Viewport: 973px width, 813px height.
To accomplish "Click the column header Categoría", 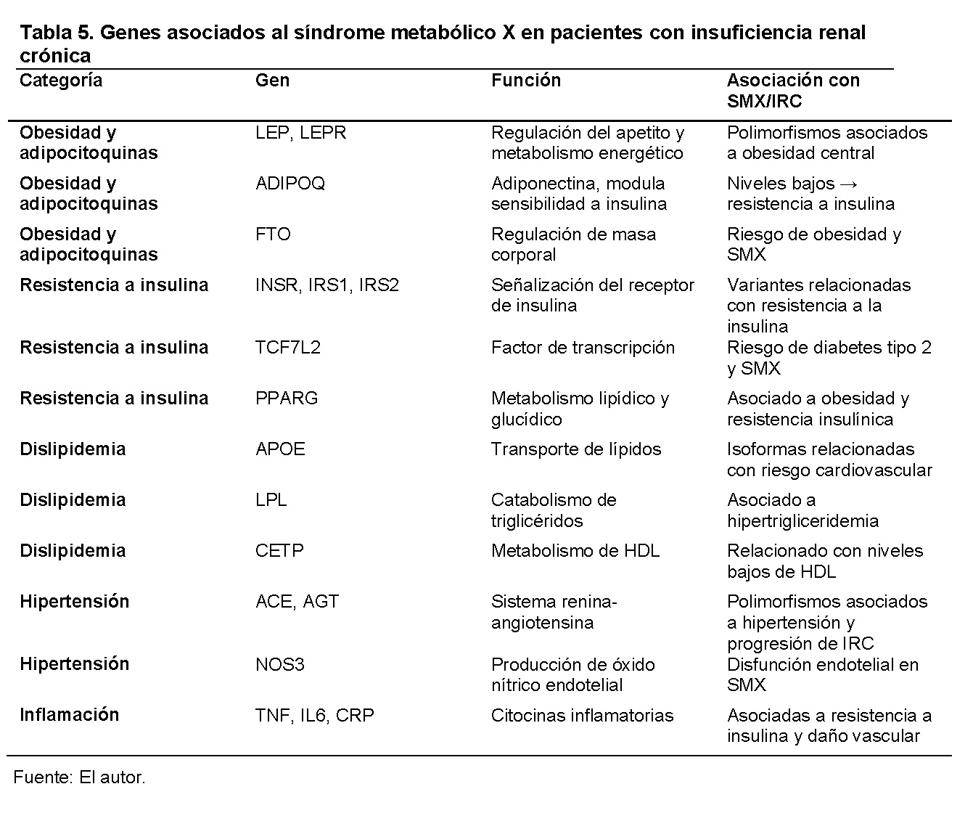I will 61,81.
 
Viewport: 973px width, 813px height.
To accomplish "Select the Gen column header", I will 272,81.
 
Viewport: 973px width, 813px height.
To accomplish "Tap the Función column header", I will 526,81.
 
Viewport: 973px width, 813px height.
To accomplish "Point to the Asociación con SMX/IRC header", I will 793,91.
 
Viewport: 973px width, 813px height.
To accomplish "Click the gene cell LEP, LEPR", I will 300,133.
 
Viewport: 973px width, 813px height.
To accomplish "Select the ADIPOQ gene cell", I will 290,184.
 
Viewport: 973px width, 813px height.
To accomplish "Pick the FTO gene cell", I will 273,234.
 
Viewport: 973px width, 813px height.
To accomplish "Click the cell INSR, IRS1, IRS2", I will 327,285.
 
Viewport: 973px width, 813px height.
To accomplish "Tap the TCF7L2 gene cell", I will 287,348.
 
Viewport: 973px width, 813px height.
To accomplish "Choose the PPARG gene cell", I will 287,399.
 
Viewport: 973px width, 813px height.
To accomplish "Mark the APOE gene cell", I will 280,449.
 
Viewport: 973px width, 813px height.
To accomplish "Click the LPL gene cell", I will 271,500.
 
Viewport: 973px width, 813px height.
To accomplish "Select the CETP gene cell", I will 279,551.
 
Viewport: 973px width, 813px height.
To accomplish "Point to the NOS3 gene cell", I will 279,665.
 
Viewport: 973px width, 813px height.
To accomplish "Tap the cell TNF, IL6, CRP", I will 315,716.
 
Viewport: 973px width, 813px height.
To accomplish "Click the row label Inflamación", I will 69,715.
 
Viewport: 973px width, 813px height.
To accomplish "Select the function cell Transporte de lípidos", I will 576,449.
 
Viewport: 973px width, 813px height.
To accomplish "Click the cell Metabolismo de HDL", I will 575,551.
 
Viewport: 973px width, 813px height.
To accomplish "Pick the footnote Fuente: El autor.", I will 80,778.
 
